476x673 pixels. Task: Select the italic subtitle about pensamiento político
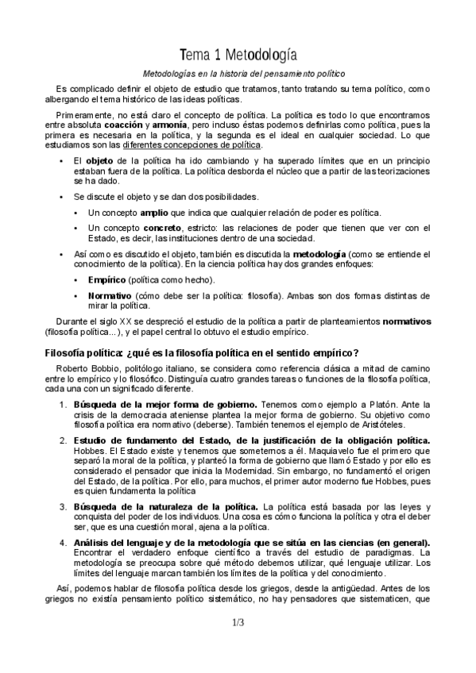(x=238, y=74)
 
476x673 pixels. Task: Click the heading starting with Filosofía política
(x=203, y=353)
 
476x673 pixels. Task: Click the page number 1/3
(x=238, y=623)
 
